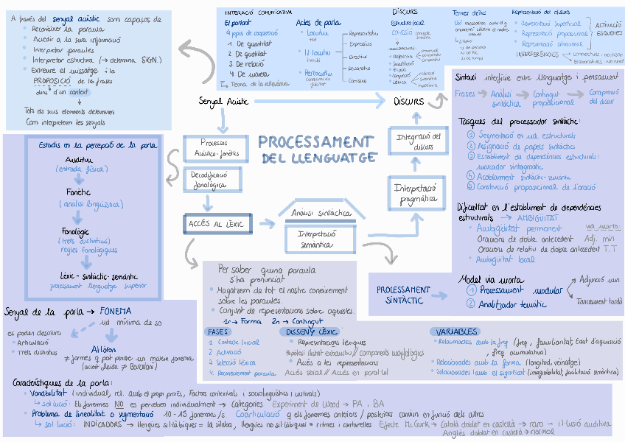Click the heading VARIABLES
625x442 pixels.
point(453,332)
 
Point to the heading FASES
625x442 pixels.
point(219,331)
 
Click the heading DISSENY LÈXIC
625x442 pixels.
point(309,331)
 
